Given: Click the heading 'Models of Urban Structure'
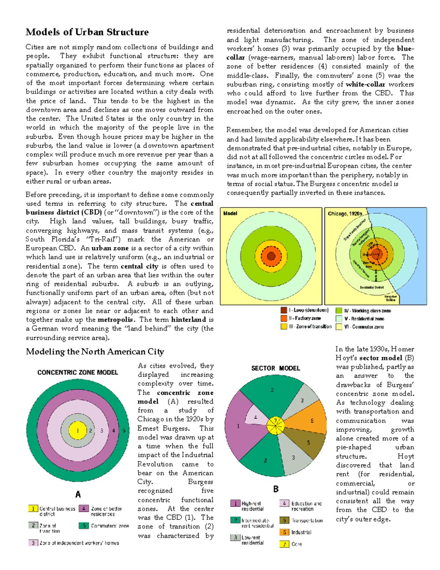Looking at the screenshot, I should coord(87,32).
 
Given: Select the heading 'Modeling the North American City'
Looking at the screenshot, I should coord(95,352).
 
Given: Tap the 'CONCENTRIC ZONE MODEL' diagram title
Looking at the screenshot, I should coord(78,373).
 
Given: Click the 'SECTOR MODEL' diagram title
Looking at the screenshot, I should coord(275,368).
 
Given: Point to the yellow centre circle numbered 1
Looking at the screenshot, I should coord(78,431).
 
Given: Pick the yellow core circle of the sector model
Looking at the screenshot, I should coord(275,426).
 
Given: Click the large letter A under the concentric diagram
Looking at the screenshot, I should coord(78,494).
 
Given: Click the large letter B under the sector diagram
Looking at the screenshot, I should coord(276,489).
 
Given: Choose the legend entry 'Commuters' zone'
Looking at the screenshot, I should coord(104,526).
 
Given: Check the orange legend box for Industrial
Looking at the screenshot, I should coord(285,532).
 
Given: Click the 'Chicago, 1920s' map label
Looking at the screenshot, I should coord(345,214).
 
